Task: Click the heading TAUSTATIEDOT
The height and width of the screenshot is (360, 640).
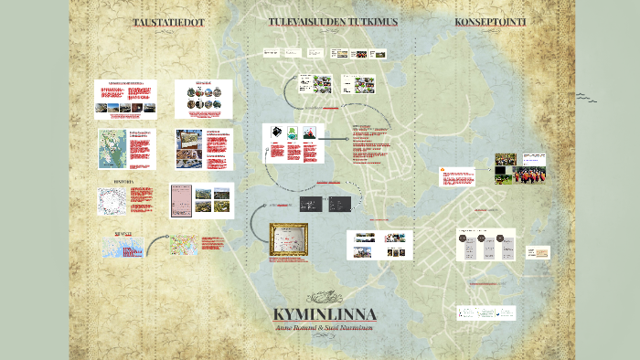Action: tap(168, 22)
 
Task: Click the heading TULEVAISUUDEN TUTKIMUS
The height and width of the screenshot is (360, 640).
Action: tap(333, 21)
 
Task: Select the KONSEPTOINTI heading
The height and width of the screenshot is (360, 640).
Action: tap(490, 21)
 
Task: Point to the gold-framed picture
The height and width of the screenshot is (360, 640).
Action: tap(288, 240)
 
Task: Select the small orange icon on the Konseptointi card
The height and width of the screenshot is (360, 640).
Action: tap(444, 170)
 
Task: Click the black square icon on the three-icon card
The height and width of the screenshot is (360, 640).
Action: tap(275, 133)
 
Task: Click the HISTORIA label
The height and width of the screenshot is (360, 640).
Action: tap(123, 182)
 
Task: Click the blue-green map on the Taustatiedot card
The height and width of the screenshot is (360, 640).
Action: tap(112, 149)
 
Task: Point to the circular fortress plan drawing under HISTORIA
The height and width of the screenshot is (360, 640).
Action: tap(111, 202)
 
